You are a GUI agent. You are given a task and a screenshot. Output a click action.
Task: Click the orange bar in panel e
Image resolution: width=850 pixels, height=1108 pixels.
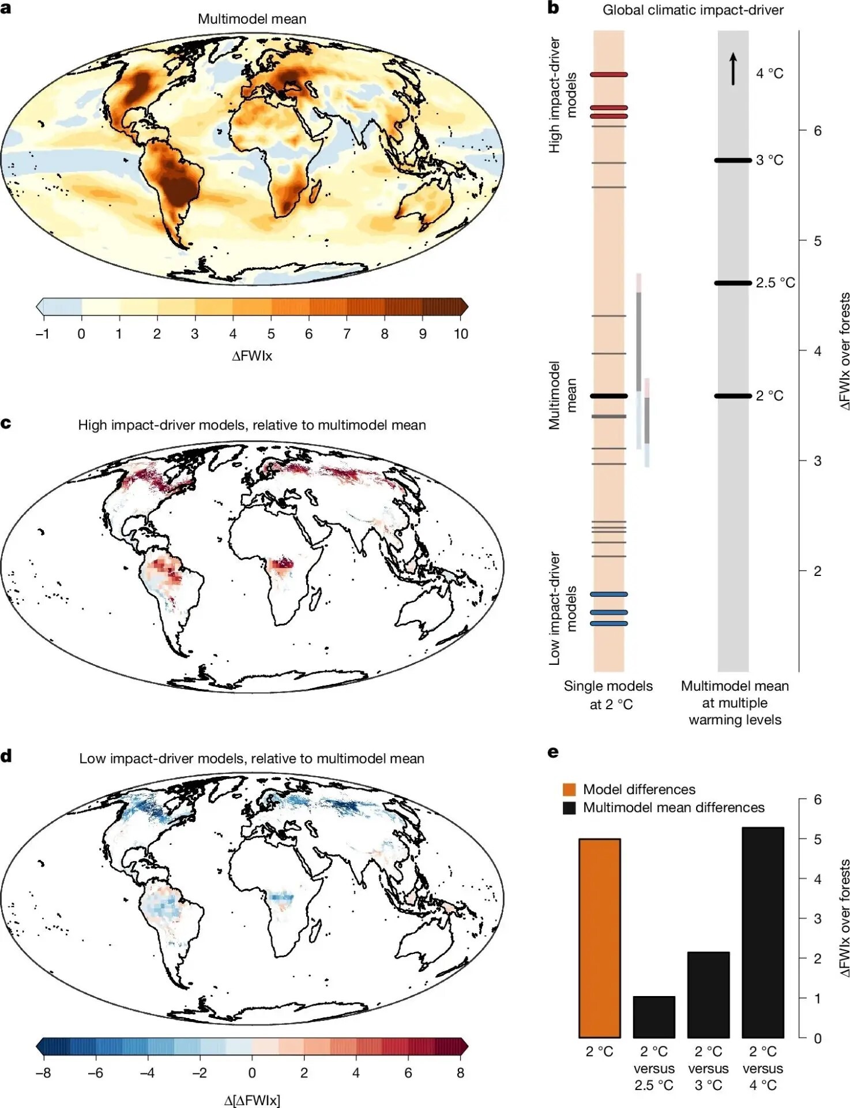[599, 938]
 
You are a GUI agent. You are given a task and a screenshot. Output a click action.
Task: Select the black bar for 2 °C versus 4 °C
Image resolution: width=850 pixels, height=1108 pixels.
[763, 932]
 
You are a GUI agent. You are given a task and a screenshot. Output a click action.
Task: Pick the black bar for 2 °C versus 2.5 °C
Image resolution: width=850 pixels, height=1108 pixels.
[654, 1017]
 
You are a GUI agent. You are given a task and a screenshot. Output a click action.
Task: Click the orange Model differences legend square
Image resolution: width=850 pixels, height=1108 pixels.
[569, 789]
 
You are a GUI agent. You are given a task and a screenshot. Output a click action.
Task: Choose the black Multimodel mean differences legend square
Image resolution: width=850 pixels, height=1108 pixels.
[569, 807]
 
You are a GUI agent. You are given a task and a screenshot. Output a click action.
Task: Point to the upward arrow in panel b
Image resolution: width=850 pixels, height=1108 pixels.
[733, 69]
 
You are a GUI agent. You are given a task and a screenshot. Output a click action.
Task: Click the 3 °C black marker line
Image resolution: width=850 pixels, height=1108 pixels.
[734, 160]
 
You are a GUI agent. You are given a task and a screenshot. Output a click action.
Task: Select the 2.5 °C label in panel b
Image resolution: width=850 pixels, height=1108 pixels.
[775, 283]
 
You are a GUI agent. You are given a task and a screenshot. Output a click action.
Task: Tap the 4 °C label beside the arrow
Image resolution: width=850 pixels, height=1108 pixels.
[769, 73]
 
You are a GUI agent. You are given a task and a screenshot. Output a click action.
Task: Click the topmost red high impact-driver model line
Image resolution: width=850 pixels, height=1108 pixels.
[608, 74]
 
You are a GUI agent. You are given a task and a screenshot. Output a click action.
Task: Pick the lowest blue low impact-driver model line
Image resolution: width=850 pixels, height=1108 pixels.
[608, 623]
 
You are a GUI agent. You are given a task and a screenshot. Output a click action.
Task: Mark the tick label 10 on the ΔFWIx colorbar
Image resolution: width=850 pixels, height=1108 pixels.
[461, 334]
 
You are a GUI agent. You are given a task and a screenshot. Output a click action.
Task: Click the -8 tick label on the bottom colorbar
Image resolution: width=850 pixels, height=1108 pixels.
[43, 1073]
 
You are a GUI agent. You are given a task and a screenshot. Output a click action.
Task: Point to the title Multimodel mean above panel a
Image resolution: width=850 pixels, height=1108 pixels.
[252, 19]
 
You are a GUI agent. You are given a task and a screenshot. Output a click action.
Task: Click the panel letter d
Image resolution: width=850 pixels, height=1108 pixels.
[6, 756]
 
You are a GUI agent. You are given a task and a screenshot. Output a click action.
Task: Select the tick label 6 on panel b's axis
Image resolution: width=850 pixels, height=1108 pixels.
[818, 131]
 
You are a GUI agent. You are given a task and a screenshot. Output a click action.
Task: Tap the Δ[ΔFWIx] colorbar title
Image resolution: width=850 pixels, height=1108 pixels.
[252, 1100]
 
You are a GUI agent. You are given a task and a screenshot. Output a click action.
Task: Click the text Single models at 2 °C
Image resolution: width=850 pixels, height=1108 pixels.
[609, 695]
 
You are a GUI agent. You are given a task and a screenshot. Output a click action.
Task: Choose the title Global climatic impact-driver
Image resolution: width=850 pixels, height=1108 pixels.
[693, 10]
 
